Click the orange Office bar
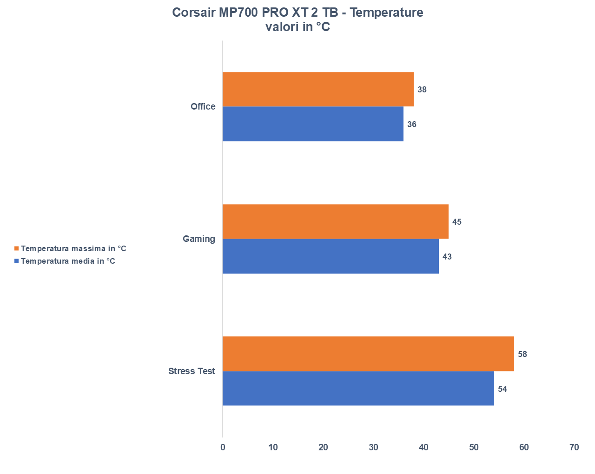318,89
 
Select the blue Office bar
313,124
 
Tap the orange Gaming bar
335,221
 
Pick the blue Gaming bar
331,256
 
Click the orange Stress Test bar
368,354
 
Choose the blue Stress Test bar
358,389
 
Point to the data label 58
522,354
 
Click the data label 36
412,124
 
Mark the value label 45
457,222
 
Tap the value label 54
502,389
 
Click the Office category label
203,107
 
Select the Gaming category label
199,239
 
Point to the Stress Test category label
192,371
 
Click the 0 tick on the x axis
223,448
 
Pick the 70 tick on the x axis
574,448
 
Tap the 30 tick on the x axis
373,448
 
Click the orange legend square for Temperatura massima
17,249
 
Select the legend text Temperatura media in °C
68,261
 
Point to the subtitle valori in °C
297,27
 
